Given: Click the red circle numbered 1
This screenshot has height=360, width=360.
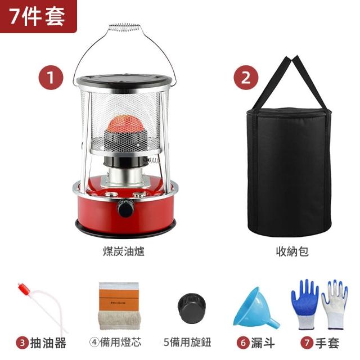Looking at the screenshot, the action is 51,78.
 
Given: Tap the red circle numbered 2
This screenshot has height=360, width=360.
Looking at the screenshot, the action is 246,78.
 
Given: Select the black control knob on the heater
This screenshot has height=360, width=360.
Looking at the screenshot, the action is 125,208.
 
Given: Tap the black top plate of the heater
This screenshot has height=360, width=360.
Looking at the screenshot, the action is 125,80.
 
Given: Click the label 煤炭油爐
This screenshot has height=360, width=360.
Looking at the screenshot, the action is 124,251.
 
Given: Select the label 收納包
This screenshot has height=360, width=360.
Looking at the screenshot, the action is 292,251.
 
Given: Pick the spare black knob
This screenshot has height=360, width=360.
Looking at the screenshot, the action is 191,308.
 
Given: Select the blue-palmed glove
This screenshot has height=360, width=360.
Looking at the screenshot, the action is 305,304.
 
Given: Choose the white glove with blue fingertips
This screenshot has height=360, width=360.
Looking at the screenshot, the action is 335,305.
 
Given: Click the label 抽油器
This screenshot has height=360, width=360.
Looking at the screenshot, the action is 48,343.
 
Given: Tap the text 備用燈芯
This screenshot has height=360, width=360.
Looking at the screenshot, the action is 120,342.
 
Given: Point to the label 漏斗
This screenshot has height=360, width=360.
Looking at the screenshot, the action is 263,343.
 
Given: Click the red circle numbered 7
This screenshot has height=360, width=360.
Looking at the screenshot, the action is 307,343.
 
